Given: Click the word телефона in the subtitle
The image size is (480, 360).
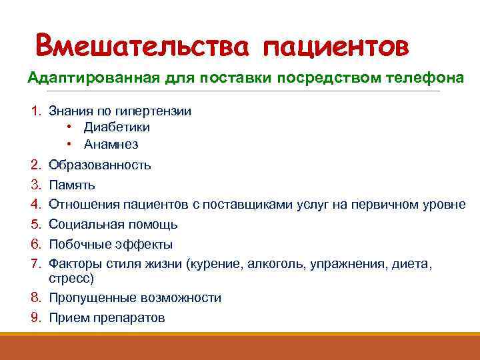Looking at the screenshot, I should coord(425,77).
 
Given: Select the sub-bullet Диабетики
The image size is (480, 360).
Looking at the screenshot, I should coord(117,127).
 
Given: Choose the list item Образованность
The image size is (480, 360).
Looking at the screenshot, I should coord(100,165).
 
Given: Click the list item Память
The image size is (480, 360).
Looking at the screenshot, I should coord(72,185).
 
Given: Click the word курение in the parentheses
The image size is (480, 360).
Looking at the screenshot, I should coord(217,265).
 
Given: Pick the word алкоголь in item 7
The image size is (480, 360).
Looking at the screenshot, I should coord(275,265).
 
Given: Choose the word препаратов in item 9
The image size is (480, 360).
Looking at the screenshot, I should coord(133,318).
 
